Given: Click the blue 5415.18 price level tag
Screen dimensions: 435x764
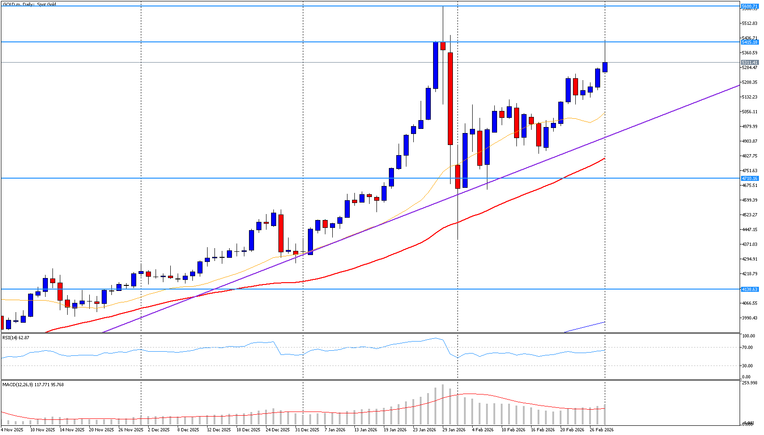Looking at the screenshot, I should coord(749,42).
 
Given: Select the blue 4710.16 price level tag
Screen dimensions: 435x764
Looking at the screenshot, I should coord(749,178).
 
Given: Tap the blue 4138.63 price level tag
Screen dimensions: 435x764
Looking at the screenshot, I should coord(749,290).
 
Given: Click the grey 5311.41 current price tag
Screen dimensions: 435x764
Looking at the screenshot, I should coord(749,63).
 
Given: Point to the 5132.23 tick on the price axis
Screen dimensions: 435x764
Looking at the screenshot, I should coord(750,97).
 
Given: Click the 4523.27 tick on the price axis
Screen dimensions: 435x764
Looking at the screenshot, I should coord(750,215).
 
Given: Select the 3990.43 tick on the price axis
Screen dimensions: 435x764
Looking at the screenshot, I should coord(750,318).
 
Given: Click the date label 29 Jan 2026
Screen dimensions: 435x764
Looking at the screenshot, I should coord(454,430).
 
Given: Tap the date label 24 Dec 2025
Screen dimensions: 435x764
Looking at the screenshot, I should coord(278,430).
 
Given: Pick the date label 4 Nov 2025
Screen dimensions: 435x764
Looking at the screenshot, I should coord(12,430).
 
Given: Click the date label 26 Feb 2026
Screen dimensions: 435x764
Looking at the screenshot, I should coord(602,430).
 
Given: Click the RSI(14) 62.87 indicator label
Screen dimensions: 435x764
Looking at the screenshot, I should coord(16,338).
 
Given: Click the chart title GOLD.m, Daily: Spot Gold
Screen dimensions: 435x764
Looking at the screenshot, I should coord(29,5).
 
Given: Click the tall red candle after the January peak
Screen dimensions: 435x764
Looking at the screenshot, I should coord(450,99).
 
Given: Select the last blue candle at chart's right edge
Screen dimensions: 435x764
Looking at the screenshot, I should coord(605,67).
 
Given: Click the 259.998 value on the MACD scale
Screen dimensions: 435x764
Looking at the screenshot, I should coord(750,383).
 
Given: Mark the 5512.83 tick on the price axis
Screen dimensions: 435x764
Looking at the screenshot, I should coord(750,23).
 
